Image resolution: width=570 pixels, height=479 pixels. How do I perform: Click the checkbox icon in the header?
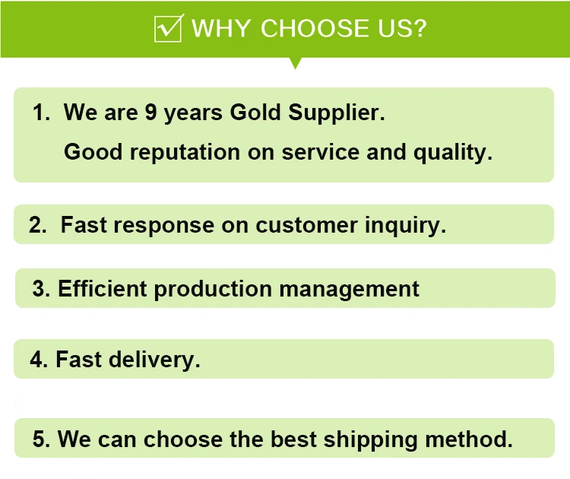click(x=169, y=28)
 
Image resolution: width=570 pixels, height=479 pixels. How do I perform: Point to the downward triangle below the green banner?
click(x=295, y=63)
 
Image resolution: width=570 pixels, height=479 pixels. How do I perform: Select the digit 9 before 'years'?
click(x=150, y=112)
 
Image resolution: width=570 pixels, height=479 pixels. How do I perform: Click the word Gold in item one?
click(x=255, y=112)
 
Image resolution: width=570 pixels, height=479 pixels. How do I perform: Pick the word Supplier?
click(x=336, y=113)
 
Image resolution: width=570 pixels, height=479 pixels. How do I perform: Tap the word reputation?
click(x=185, y=152)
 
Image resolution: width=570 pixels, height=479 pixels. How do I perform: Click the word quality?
click(x=453, y=152)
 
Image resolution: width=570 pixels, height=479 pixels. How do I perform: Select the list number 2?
click(x=37, y=225)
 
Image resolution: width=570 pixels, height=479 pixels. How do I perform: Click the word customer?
click(x=306, y=225)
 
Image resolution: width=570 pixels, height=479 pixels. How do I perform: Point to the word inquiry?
click(x=405, y=226)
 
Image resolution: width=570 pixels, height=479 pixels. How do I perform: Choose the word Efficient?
click(x=102, y=288)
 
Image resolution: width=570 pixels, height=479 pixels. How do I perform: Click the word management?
click(x=349, y=290)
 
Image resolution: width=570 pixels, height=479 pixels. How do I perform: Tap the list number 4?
click(x=39, y=360)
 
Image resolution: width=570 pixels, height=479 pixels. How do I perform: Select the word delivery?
click(x=154, y=360)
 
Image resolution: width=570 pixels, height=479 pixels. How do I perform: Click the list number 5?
click(x=41, y=439)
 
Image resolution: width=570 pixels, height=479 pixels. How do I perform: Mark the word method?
click(x=469, y=439)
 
